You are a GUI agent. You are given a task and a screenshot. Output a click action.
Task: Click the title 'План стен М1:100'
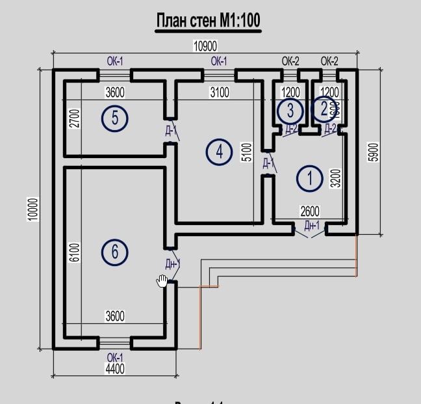tap(208, 21)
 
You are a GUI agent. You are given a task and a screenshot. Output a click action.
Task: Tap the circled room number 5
tap(115, 118)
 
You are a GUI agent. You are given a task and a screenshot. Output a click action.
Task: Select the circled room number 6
tap(115, 251)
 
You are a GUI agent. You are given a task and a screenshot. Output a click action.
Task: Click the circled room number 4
tap(219, 152)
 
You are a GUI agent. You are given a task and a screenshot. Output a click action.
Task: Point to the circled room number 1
tap(309, 178)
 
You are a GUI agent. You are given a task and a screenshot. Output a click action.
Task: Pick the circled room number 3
tap(290, 111)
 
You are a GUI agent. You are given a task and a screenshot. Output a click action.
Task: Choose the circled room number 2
tap(323, 109)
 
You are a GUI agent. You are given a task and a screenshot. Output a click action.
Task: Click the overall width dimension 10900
tap(205, 46)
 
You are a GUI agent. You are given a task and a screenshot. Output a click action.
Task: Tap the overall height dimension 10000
tap(33, 209)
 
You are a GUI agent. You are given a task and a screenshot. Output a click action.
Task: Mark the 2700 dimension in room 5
tap(73, 118)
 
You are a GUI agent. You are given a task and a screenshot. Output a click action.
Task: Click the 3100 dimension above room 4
tap(219, 92)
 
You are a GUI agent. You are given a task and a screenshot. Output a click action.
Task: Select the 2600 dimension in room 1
tap(309, 211)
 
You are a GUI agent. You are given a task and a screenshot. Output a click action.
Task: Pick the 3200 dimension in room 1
tap(335, 178)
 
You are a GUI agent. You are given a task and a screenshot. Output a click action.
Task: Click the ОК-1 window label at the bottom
tap(115, 358)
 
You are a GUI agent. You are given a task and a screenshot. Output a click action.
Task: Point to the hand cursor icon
tap(162, 280)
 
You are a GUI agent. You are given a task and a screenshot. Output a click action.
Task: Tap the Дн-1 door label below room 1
tap(313, 226)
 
